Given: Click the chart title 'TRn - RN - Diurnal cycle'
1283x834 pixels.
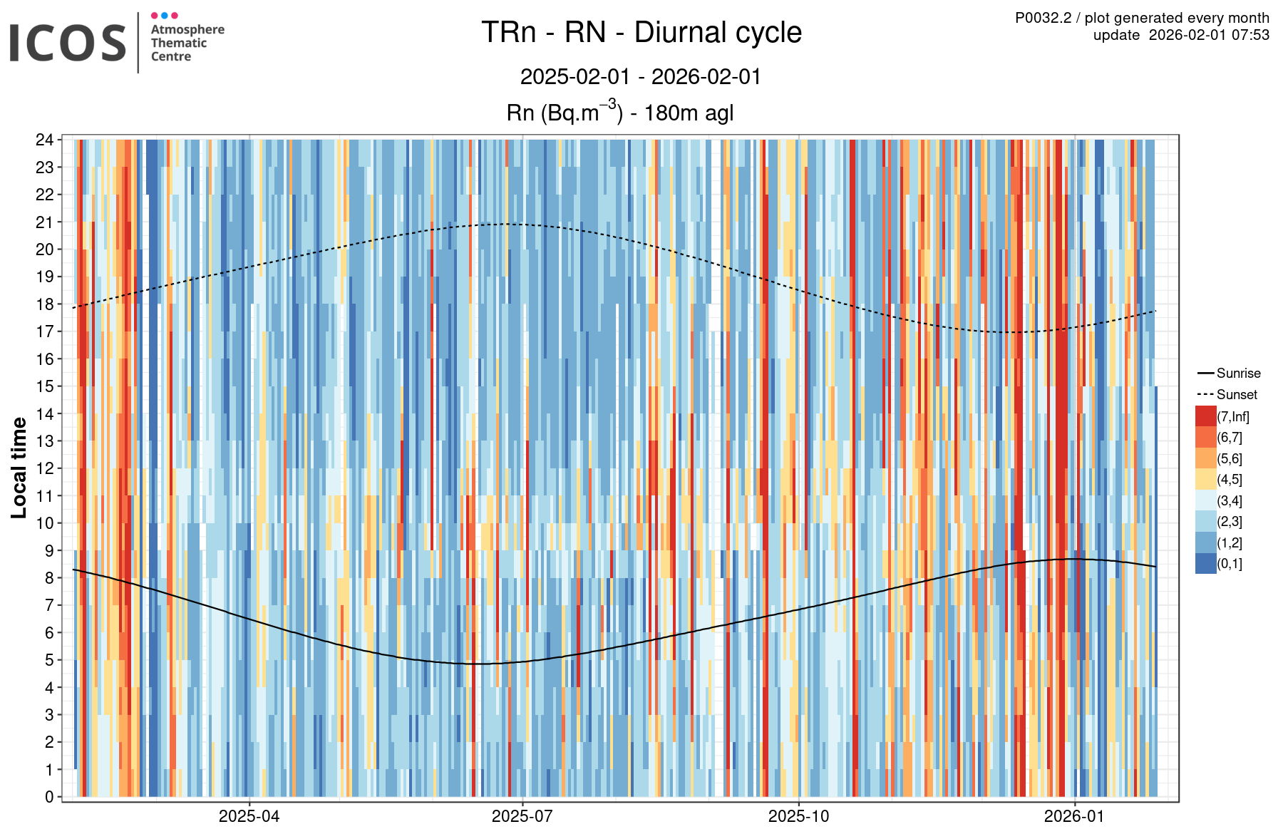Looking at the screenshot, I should point(641,33).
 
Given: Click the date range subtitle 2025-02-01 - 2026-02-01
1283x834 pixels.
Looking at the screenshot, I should point(641,76).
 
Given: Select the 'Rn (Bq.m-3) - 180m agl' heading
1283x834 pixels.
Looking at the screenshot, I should point(619,113).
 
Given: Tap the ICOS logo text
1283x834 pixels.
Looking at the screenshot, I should point(68,43).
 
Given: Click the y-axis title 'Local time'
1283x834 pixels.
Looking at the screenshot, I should point(19,468).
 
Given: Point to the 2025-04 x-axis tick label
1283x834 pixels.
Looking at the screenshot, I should point(249,816).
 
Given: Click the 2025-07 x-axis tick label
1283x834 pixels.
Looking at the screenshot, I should point(522,816).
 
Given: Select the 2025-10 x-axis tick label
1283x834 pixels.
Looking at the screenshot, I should point(798,816).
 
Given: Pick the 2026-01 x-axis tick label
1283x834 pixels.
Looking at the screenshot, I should point(1074,816).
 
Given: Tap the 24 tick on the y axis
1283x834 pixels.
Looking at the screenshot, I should point(45,140).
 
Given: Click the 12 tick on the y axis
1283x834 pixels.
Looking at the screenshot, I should point(45,468).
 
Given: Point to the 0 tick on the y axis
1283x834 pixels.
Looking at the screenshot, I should point(49,797).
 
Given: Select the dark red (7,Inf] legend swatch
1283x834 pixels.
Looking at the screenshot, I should point(1205,416).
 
